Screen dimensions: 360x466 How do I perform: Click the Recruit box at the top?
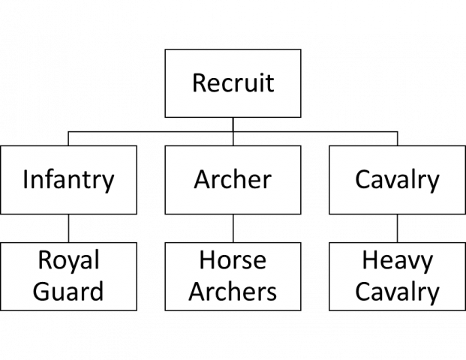click(233, 82)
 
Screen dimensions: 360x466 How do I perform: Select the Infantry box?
click(68, 180)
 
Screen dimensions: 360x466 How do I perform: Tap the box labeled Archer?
click(233, 180)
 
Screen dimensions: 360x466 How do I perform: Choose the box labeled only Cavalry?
click(397, 180)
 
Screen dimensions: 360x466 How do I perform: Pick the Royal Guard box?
click(68, 276)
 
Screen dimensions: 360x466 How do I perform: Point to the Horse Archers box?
click(233, 276)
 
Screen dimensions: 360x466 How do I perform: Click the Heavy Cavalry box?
click(397, 276)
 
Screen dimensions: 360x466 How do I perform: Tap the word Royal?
click(68, 261)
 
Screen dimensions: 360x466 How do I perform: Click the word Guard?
click(68, 291)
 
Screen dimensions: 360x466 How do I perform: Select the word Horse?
click(233, 261)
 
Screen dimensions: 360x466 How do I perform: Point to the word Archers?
click(233, 291)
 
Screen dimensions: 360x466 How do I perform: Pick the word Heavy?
click(397, 261)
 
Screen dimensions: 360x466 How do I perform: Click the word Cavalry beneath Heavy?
click(397, 292)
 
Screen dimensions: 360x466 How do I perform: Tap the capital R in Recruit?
click(199, 82)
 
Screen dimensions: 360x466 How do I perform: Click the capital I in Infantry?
click(26, 180)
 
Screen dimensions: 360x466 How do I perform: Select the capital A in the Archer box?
click(201, 180)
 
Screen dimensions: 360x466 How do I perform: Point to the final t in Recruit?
click(269, 82)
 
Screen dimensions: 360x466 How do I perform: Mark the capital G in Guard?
click(42, 291)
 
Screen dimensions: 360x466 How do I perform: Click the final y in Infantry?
click(108, 182)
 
